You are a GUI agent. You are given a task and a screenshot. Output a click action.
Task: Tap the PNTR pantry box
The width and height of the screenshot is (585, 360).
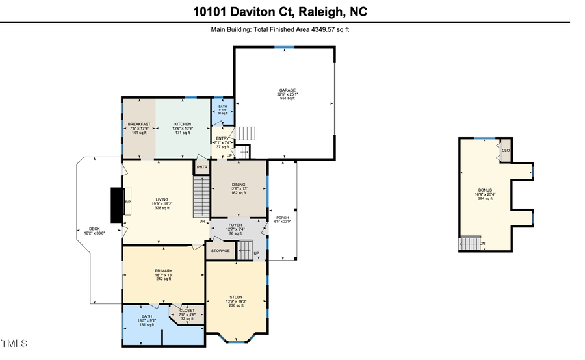[x=201, y=168]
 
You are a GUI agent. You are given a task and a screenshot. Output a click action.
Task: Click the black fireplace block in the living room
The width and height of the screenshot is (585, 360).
[x=117, y=205]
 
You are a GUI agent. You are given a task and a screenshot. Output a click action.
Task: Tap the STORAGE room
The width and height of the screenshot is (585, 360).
[x=220, y=250]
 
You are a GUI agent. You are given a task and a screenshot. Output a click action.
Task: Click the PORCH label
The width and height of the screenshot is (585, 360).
[x=282, y=218]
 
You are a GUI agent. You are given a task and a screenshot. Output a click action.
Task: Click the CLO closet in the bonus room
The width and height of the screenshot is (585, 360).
[x=505, y=151]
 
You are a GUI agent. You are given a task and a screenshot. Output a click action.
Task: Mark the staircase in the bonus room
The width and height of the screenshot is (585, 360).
[x=471, y=244]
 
